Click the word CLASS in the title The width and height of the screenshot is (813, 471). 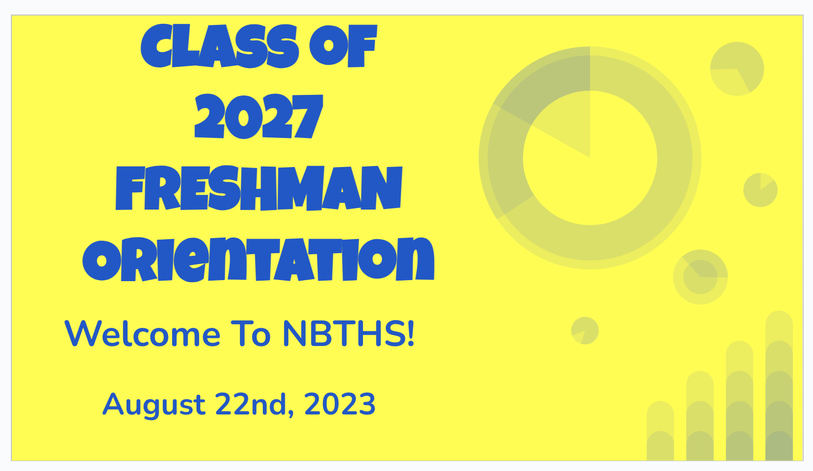tap(219, 46)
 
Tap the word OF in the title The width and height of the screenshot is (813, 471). tap(343, 46)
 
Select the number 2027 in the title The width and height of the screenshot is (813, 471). tap(258, 116)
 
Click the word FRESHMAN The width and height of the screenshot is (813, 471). tap(259, 188)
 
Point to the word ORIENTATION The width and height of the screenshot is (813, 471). tap(258, 259)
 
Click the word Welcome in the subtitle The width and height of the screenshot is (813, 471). tap(142, 334)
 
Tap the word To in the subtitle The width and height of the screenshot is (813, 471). tap(250, 334)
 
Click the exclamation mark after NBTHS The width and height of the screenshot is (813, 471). tap(410, 334)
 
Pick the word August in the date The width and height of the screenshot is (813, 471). tap(154, 405)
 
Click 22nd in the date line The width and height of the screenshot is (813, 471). tap(251, 404)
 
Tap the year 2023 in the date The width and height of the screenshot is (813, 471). tap(340, 404)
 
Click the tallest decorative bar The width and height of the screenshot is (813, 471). tap(779, 385)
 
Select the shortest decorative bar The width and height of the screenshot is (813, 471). tap(660, 431)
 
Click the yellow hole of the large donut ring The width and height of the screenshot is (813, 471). tap(590, 174)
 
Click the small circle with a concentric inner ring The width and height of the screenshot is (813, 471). tap(700, 276)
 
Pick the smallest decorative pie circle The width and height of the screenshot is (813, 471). tap(585, 330)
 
